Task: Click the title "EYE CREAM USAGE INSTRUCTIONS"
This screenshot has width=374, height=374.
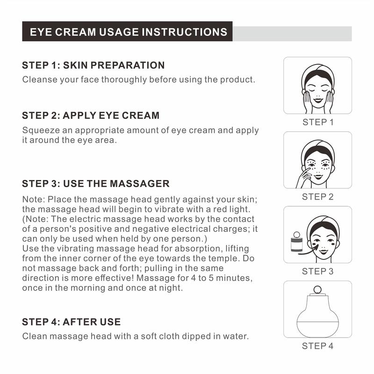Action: pos(128,32)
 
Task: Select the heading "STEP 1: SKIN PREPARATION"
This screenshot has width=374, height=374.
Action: pos(93,65)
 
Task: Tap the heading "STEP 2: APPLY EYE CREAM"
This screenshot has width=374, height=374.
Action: pos(91,115)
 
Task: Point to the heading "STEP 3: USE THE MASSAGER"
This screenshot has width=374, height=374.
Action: pos(96,184)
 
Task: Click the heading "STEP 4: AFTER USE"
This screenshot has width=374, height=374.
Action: pos(72,322)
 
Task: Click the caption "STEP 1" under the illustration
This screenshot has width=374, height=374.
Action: pos(318,122)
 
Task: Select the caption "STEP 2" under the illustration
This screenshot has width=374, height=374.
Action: pos(318,197)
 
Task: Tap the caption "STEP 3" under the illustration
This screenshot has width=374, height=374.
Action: pos(318,271)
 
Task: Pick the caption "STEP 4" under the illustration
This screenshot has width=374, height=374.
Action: pos(318,346)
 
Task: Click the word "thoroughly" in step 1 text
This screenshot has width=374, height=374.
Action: pos(124,79)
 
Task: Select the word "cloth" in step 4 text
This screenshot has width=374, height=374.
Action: pos(169,336)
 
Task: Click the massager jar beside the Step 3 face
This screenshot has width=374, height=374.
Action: pos(297,242)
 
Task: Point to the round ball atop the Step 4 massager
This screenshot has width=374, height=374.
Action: pos(317,290)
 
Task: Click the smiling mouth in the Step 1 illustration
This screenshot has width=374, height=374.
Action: pos(318,101)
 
